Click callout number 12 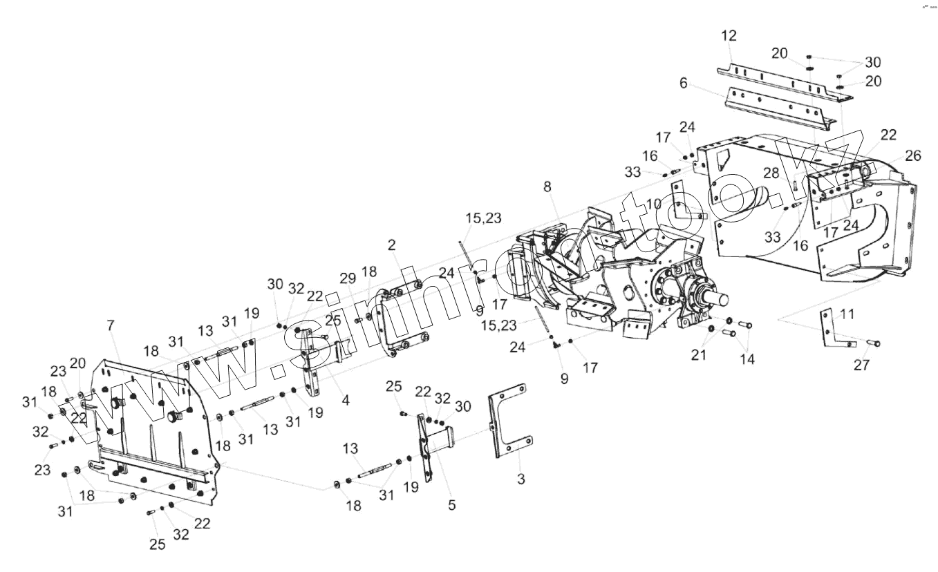[x=729, y=35]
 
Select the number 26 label [x=913, y=156]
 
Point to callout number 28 [x=771, y=172]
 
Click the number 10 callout [x=653, y=203]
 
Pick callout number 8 [x=547, y=187]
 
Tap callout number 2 [x=392, y=245]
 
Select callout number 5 [x=451, y=505]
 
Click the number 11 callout [x=847, y=314]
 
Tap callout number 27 [x=861, y=365]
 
